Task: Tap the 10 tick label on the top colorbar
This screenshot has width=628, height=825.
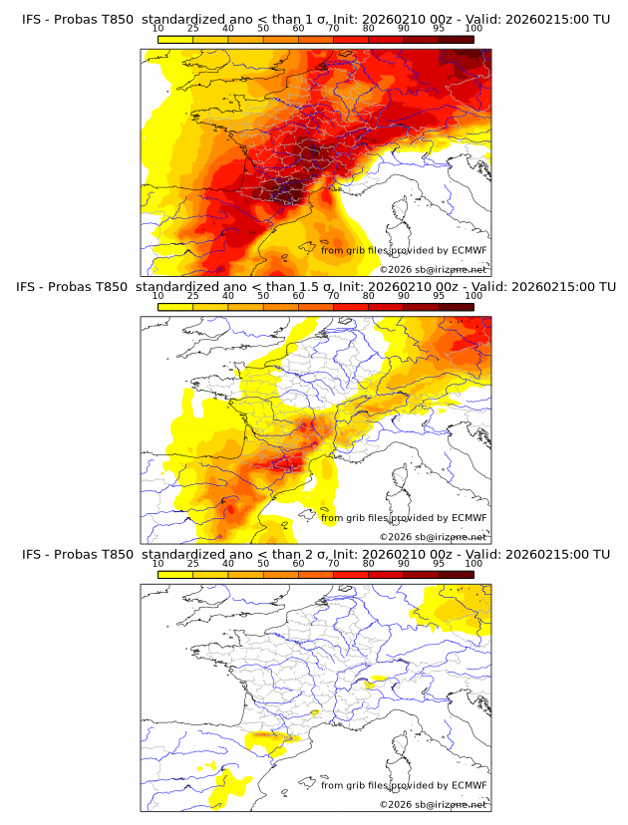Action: pos(157,28)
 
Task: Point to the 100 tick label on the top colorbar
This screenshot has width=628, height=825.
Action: pos(473,28)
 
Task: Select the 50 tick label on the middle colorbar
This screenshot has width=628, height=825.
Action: pos(263,296)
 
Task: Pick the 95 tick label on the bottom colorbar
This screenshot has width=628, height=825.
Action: pos(439,564)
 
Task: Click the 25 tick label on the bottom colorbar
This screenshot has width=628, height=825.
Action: pos(192,564)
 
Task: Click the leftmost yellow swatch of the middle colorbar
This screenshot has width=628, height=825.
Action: pos(174,306)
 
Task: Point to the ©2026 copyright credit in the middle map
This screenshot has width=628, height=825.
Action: pos(434,536)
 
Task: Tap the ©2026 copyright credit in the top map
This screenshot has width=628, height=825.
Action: pos(434,269)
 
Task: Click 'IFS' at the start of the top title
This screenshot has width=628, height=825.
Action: pos(32,19)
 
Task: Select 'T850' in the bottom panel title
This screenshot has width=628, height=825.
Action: pos(116,554)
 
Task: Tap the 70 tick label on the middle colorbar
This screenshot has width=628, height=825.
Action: pos(333,296)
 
